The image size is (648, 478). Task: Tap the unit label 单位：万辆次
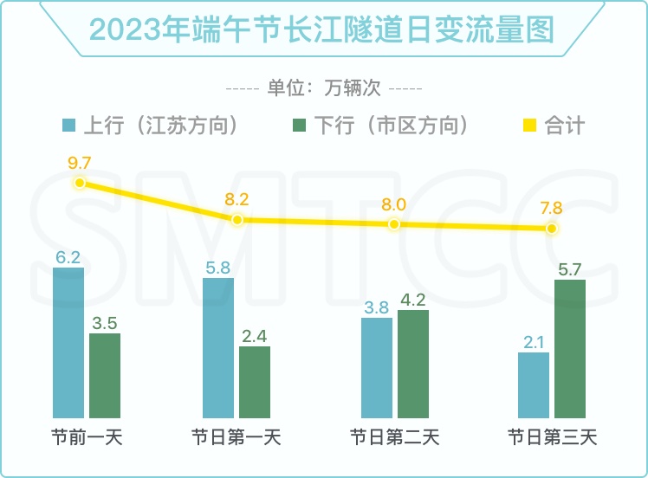pyautogui.click(x=324, y=88)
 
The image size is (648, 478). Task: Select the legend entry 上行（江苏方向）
pyautogui.click(x=152, y=126)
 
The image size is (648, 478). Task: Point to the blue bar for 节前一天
pyautogui.click(x=68, y=343)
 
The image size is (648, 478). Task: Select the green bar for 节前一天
pyautogui.click(x=105, y=375)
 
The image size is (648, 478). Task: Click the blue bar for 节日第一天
pyautogui.click(x=218, y=347)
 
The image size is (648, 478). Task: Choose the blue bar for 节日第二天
pyautogui.click(x=377, y=367)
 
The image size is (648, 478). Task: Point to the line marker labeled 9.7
pyautogui.click(x=80, y=183)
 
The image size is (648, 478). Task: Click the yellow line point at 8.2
pyautogui.click(x=237, y=219)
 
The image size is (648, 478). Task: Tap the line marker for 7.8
pyautogui.click(x=552, y=229)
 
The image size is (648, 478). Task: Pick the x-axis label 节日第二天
pyautogui.click(x=394, y=437)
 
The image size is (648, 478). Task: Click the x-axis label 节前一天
pyautogui.click(x=87, y=437)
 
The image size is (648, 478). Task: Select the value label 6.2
pyautogui.click(x=68, y=256)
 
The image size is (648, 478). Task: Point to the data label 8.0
pyautogui.click(x=394, y=204)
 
